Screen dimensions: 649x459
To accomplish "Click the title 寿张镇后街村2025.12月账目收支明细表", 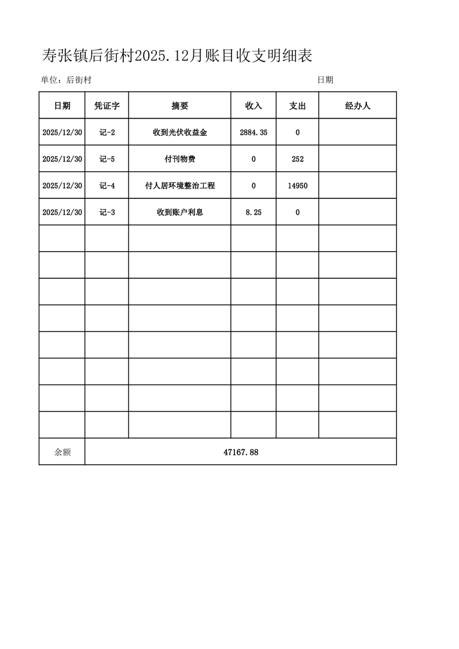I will (x=177, y=56).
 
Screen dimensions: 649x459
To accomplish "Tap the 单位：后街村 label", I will (x=66, y=80).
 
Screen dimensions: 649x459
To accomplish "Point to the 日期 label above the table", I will (x=325, y=80).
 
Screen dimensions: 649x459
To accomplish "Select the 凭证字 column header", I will (x=107, y=106).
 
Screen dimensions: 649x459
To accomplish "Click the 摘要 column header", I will (x=180, y=106).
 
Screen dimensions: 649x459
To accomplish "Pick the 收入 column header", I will (x=254, y=106).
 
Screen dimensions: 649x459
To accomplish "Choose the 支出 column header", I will (x=298, y=106).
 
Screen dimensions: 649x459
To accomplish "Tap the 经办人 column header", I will (x=358, y=106).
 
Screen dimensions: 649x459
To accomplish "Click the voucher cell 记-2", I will (x=107, y=132).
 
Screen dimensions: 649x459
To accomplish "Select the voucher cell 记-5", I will (x=107, y=159).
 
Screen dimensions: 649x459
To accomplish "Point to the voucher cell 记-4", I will (x=107, y=186).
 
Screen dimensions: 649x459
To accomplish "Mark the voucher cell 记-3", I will (x=107, y=212).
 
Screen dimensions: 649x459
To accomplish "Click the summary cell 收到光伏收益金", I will (x=180, y=132).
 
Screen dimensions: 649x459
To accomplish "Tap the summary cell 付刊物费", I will (x=180, y=159).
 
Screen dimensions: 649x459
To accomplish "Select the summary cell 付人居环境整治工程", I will (x=180, y=186).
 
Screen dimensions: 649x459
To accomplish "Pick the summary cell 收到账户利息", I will (x=180, y=212).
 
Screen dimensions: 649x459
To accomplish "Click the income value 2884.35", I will (x=254, y=132).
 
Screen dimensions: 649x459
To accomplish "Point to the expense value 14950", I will (x=298, y=186).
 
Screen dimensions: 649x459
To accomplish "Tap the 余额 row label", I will (x=62, y=452).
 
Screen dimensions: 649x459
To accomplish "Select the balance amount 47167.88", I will (x=241, y=452).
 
